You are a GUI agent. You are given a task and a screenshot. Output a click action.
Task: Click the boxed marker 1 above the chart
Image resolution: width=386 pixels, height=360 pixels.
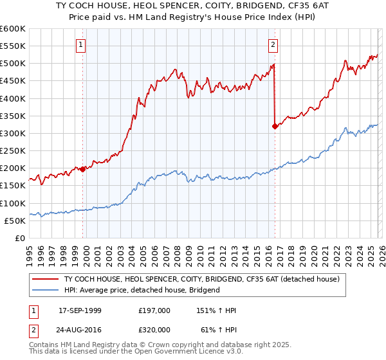[x=81, y=44]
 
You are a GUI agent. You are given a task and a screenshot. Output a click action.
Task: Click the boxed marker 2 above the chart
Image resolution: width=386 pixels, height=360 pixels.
[x=273, y=44]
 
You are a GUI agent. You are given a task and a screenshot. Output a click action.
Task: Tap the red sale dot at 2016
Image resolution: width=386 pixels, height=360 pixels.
[x=275, y=127]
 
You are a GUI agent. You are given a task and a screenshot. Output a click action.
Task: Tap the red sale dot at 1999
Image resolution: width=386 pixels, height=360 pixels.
[x=83, y=170]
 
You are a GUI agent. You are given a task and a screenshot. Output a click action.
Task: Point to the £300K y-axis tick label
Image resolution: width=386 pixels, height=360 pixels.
[x=12, y=134]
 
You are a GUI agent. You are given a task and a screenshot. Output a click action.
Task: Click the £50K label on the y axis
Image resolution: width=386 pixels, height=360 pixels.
[x=15, y=221]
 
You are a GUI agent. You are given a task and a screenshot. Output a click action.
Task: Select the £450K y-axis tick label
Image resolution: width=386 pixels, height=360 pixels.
[x=12, y=81]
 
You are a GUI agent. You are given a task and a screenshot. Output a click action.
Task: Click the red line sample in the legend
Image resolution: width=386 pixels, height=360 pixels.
[x=46, y=279]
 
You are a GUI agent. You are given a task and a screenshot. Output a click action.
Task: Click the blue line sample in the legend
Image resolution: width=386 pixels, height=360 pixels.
[x=46, y=290]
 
